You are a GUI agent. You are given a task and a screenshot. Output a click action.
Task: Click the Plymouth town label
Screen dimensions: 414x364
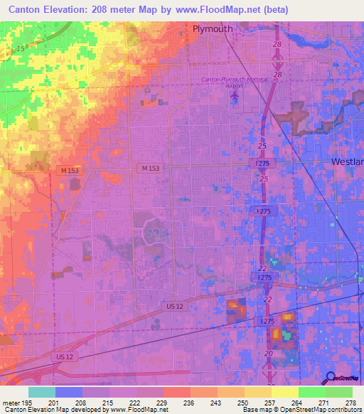pyautogui.click(x=213, y=29)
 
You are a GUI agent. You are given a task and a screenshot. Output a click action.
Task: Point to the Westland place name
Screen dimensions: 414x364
pyautogui.click(x=348, y=162)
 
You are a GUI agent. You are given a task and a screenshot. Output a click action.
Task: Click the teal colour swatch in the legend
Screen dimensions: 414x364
pyautogui.click(x=42, y=392)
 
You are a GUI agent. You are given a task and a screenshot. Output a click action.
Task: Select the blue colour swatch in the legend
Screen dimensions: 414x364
pyautogui.click(x=69, y=392)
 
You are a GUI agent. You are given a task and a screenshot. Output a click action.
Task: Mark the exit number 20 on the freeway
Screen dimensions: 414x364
pyautogui.click(x=268, y=354)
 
